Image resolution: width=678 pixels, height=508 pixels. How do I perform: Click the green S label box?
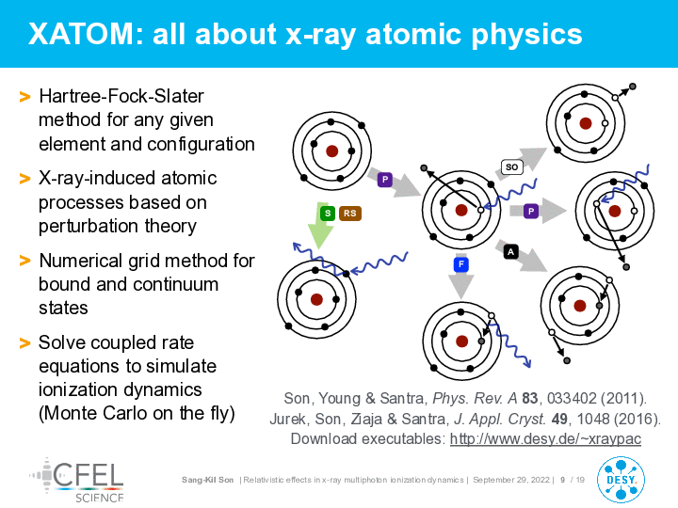point(328,213)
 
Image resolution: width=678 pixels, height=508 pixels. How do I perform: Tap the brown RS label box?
point(350,213)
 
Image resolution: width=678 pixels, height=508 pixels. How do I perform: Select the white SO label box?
point(512,167)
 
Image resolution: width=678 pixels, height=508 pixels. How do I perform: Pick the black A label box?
point(511,251)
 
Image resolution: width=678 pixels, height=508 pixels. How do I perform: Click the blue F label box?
point(461,264)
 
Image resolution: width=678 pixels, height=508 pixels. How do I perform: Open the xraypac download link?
point(545,439)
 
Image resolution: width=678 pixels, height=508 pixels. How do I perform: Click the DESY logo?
point(621,480)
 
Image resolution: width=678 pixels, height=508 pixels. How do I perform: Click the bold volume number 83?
point(529,398)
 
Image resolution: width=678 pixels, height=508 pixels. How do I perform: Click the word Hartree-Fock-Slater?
point(121,96)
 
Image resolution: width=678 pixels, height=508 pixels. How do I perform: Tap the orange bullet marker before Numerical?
point(25,261)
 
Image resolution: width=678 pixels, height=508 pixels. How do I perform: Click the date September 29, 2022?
point(511,480)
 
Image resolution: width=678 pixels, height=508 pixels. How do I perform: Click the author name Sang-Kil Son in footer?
point(207,480)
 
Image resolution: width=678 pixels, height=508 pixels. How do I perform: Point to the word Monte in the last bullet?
point(69,413)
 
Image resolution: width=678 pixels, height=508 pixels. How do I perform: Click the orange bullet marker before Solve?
point(25,343)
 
